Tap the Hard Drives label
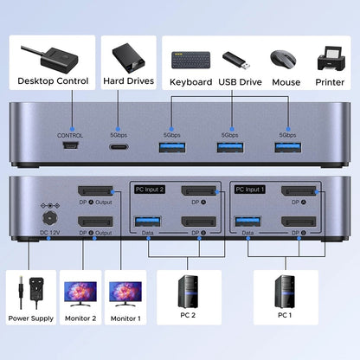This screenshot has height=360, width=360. point(128,81)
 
